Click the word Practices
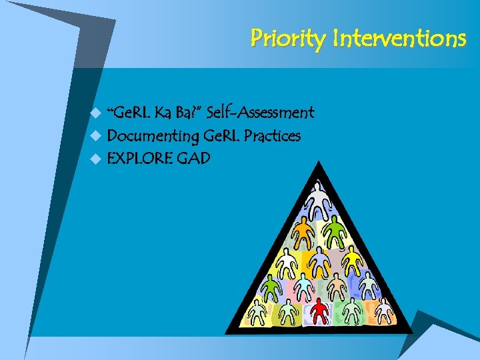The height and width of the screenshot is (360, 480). pyautogui.click(x=272, y=136)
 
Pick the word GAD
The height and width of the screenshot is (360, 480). pyautogui.click(x=193, y=159)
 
